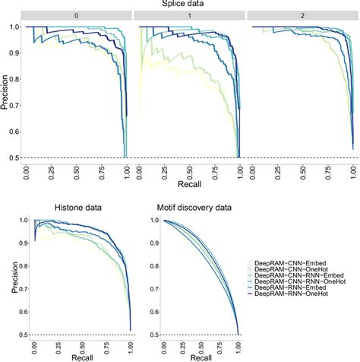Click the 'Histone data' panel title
77,208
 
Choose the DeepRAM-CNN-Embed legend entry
296,263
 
